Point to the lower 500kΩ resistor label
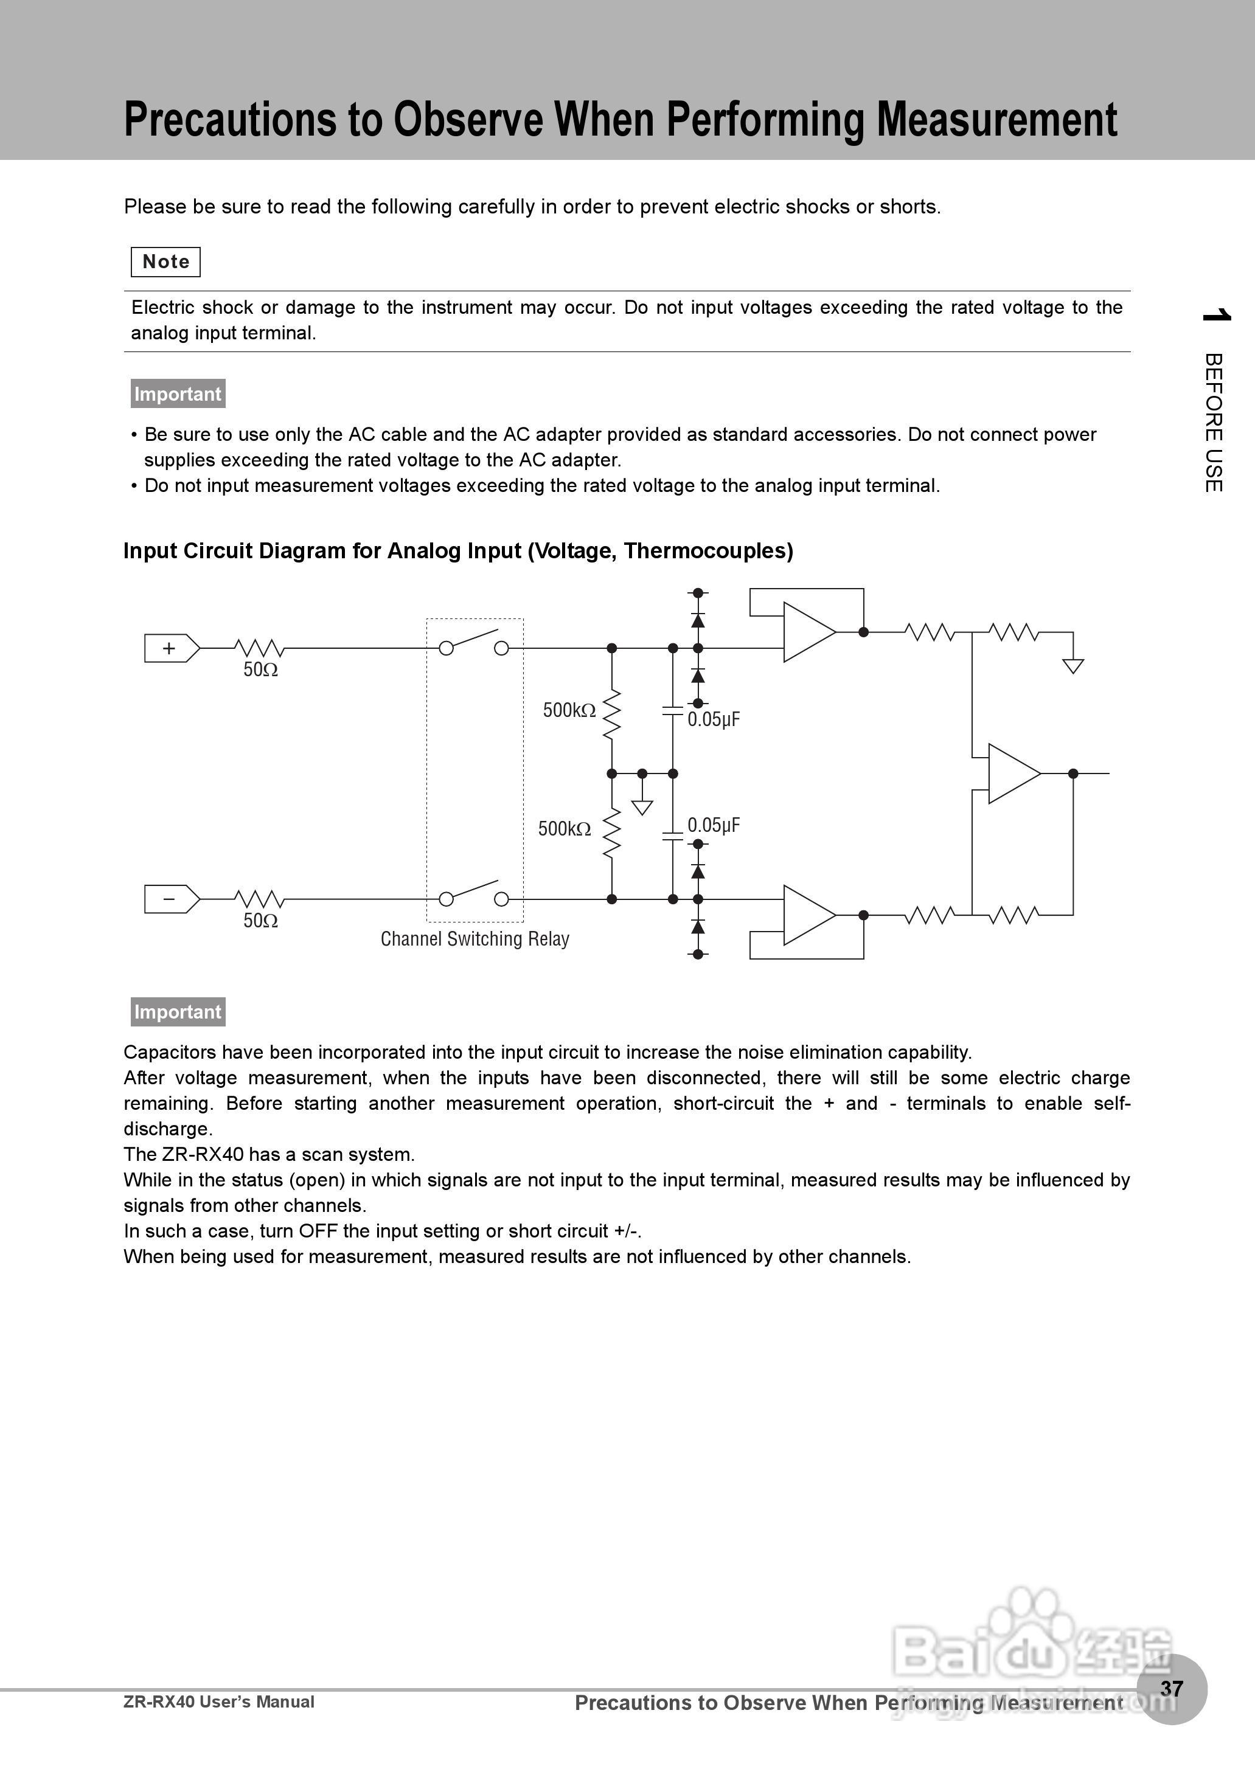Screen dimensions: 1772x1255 [564, 829]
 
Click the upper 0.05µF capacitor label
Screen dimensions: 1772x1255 [714, 720]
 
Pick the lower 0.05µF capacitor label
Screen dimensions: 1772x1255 [714, 826]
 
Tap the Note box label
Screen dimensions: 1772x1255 [165, 262]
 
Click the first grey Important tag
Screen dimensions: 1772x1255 [178, 394]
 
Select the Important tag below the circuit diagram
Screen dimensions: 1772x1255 [178, 1012]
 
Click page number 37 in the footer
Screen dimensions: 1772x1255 [1172, 1689]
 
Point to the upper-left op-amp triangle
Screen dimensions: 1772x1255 [807, 632]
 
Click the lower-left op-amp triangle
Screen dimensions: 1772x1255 [807, 915]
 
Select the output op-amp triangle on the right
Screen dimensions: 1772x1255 [1012, 774]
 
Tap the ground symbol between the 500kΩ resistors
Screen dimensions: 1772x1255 [642, 807]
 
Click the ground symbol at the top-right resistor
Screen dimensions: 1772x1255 [1072, 666]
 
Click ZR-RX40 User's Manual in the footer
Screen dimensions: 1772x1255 [219, 1701]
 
